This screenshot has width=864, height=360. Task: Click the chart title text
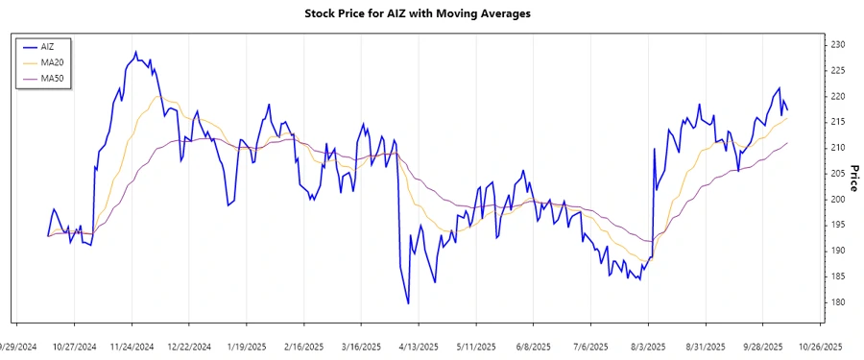click(430, 14)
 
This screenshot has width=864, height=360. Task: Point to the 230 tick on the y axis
click(837, 45)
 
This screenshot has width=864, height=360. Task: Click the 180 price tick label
click(837, 301)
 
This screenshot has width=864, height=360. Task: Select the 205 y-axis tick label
click(837, 173)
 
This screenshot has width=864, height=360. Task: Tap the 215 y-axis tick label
click(837, 122)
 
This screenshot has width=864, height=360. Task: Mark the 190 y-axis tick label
click(837, 251)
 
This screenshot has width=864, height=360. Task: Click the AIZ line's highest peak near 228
click(135, 52)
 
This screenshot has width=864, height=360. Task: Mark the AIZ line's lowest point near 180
click(409, 303)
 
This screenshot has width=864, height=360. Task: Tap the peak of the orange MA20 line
click(158, 96)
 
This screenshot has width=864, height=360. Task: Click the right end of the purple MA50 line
click(787, 143)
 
